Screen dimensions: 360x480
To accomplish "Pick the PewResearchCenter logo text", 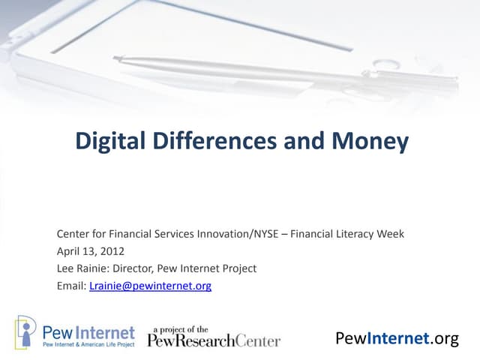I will click(214, 340).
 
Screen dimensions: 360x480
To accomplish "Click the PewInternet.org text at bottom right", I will click(397, 338).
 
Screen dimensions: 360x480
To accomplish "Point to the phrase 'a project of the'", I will click(181, 328).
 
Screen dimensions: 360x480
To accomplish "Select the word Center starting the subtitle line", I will click(74, 233).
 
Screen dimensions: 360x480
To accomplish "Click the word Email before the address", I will click(70, 285).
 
